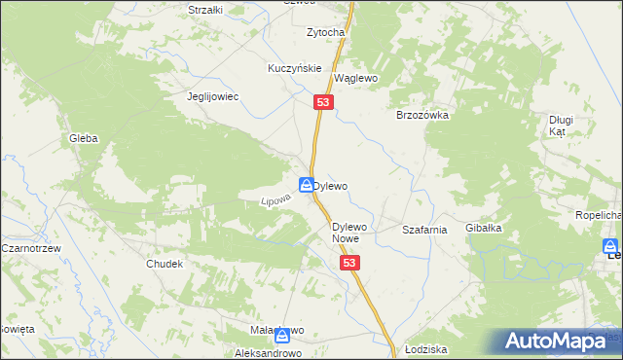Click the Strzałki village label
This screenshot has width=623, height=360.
click(x=205, y=10)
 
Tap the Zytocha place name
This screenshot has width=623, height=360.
click(x=326, y=32)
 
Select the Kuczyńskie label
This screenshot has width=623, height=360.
click(x=294, y=69)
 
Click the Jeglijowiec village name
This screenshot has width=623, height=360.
click(x=213, y=97)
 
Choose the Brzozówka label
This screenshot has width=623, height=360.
click(x=421, y=115)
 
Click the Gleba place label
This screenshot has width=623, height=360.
click(x=83, y=139)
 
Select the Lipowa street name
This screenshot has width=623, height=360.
click(x=275, y=198)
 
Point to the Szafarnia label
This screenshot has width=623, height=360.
click(x=424, y=230)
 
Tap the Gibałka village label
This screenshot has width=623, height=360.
click(x=483, y=228)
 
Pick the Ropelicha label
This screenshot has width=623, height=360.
click(x=598, y=214)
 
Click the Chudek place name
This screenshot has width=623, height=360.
click(x=165, y=264)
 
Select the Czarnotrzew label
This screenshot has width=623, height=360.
click(x=31, y=248)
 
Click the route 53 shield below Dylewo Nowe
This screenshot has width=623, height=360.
click(x=351, y=264)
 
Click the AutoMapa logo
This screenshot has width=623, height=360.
click(x=562, y=342)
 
